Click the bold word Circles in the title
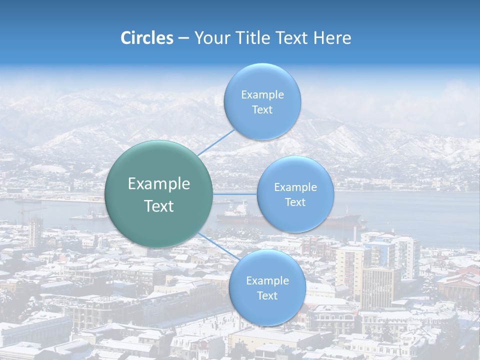[x=146, y=37]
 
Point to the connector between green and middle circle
[x=235, y=194]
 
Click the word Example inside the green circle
[x=159, y=184]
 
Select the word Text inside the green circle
[x=159, y=206]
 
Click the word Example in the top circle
[x=262, y=94]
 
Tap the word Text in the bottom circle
[x=267, y=295]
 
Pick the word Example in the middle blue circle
[x=295, y=187]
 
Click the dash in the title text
[x=183, y=38]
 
